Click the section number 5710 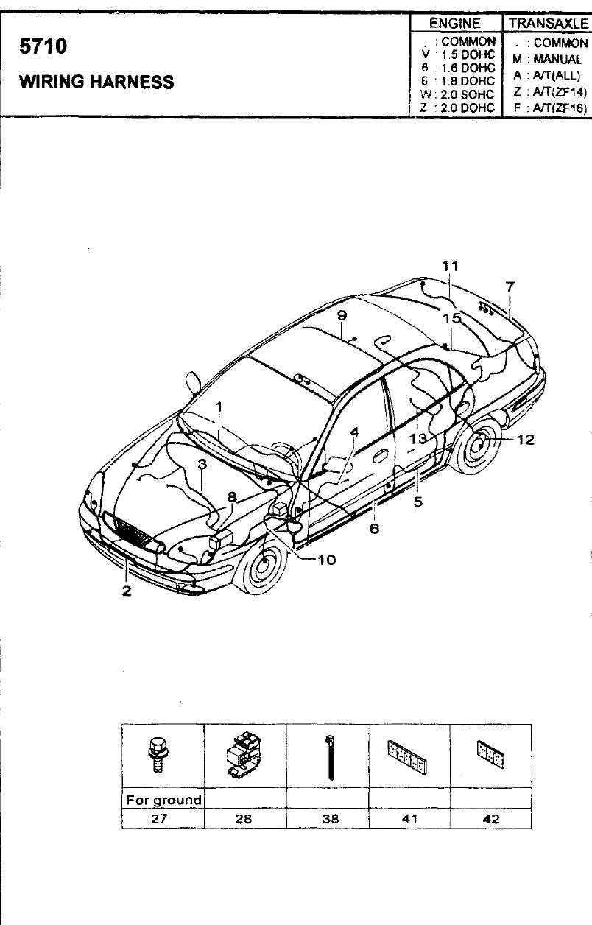43,46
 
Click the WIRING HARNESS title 96,81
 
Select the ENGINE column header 455,23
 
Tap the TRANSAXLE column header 549,23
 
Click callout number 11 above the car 450,266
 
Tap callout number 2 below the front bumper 127,591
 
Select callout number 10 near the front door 326,560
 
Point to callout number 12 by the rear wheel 525,440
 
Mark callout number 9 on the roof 342,315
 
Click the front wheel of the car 261,563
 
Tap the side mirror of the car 194,381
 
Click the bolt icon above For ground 158,756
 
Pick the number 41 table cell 409,818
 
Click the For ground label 163,800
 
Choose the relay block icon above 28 243,756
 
